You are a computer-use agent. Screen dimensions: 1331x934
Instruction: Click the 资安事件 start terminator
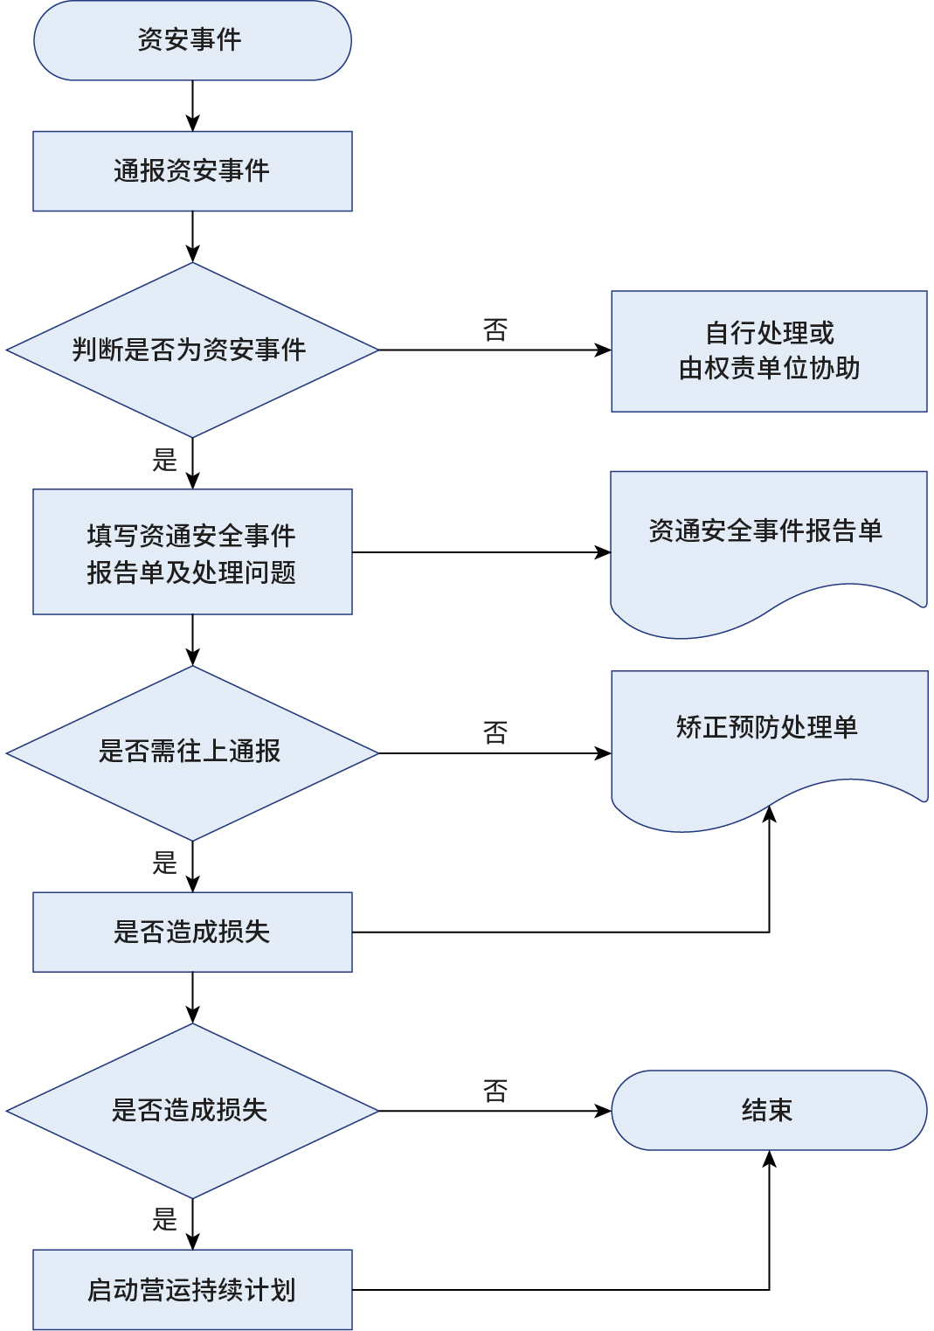(x=192, y=40)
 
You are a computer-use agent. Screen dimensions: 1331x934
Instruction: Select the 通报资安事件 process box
(x=192, y=171)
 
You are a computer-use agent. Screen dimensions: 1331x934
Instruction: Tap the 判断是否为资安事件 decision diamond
(x=192, y=350)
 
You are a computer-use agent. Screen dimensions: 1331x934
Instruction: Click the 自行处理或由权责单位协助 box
(x=769, y=351)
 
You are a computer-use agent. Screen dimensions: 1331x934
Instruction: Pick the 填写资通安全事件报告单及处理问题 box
(x=192, y=552)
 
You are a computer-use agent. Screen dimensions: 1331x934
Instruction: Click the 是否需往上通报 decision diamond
(x=192, y=752)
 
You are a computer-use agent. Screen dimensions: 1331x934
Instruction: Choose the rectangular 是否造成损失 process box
(x=192, y=932)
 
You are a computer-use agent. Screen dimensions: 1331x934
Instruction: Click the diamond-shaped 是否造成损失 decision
(x=192, y=1111)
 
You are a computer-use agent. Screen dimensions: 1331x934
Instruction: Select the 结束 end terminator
(x=769, y=1110)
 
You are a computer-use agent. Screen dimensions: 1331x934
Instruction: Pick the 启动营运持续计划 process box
(x=192, y=1290)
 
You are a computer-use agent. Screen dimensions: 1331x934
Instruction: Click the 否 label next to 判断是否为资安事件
(x=495, y=330)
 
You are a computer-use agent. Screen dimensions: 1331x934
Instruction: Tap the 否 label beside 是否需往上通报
(x=495, y=732)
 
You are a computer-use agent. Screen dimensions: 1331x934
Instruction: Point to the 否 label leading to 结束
(x=495, y=1091)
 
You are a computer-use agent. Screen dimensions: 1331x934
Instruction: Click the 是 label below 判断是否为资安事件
(x=165, y=460)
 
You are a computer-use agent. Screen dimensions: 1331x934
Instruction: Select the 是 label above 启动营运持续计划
(x=165, y=1219)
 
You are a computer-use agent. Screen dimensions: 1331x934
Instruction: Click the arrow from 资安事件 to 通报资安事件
(x=192, y=106)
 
